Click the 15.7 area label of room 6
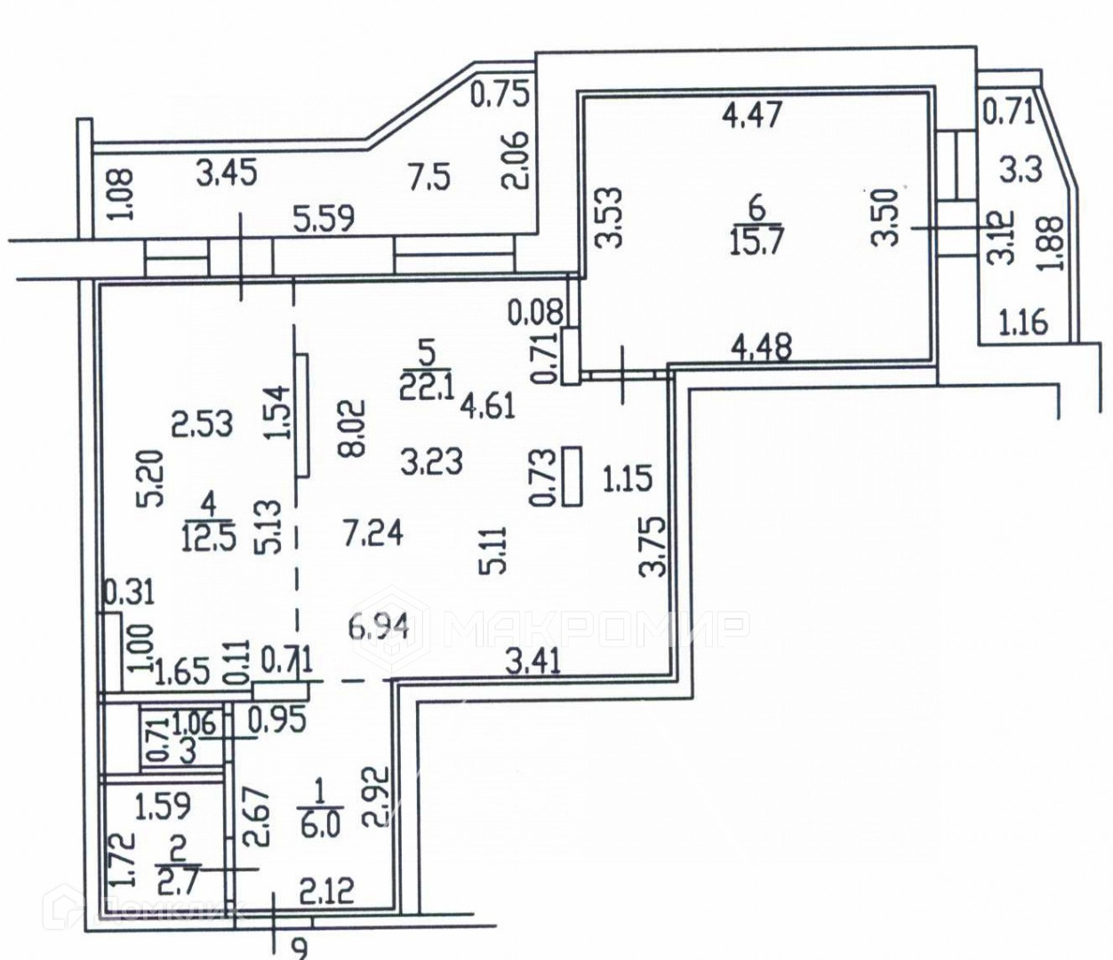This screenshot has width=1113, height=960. click(x=757, y=241)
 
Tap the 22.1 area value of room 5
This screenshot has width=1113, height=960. click(x=427, y=388)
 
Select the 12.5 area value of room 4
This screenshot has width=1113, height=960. click(x=211, y=539)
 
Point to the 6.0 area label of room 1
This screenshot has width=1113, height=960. click(x=321, y=824)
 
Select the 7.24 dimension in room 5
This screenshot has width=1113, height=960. click(x=373, y=533)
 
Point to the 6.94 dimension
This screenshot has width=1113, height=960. click(x=380, y=628)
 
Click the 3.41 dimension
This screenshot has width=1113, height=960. click(x=531, y=661)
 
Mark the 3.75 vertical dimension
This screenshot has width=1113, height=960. click(x=654, y=548)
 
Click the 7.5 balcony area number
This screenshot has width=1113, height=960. click(x=429, y=176)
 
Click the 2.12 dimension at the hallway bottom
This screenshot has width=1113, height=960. click(x=324, y=890)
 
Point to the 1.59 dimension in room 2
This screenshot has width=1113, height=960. click(x=163, y=805)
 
